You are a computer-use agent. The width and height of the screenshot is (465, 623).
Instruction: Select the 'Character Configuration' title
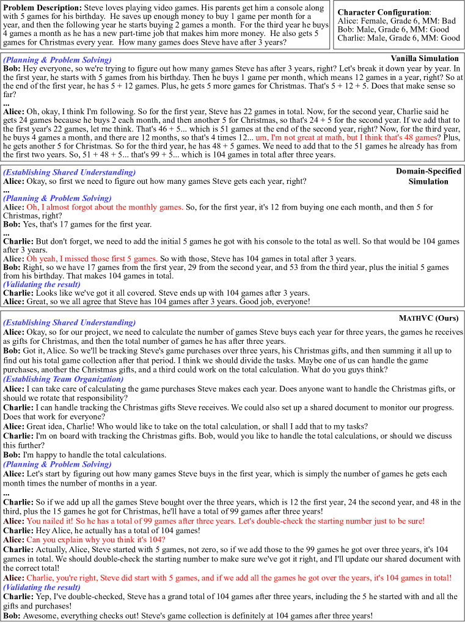[x=383, y=12]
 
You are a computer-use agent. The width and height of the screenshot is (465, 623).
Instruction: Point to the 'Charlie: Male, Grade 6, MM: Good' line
[x=398, y=38]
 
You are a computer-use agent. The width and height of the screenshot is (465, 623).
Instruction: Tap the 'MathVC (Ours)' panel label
[x=428, y=318]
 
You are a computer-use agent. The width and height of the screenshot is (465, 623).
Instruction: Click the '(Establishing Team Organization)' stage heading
[x=64, y=379]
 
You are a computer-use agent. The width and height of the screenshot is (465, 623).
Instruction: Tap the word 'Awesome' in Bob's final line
[x=40, y=616]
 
